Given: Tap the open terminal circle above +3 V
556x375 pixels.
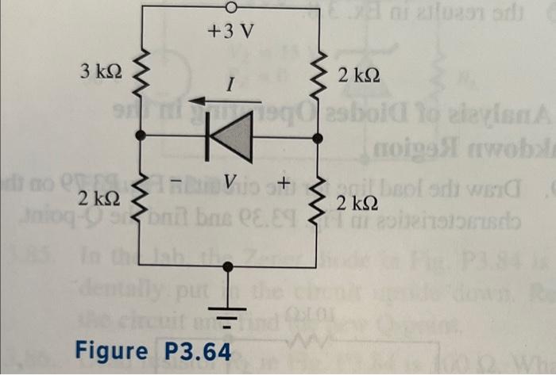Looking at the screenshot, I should coord(231,8).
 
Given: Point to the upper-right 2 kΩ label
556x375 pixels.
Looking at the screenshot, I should coord(358,77).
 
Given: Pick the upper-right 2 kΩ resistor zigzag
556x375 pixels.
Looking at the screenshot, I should coord(319,76).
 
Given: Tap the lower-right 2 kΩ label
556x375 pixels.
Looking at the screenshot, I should coord(357,202).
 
